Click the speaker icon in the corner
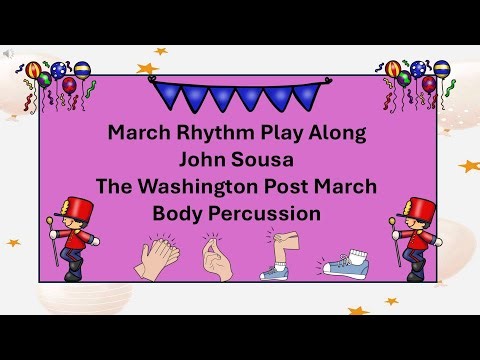click(x=8, y=53)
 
